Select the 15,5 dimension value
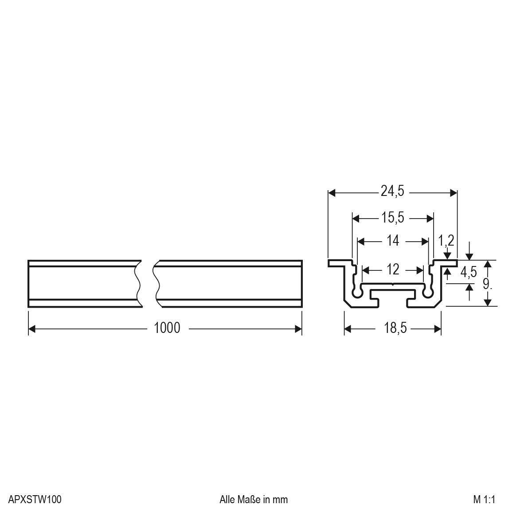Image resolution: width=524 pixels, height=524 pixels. click(x=392, y=218)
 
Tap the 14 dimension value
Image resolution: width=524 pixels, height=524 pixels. click(x=393, y=241)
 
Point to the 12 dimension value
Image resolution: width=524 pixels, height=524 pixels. click(x=393, y=269)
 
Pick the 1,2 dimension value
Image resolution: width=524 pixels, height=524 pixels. click(x=446, y=241)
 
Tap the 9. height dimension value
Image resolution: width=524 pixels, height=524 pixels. click(x=487, y=284)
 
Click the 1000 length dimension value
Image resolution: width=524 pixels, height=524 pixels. click(x=167, y=328)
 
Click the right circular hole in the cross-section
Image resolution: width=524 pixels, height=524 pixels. click(x=427, y=293)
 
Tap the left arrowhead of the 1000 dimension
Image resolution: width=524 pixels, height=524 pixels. click(x=32, y=328)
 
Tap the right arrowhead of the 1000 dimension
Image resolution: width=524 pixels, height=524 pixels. click(x=298, y=328)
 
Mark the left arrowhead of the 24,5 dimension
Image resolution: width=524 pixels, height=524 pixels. click(x=332, y=193)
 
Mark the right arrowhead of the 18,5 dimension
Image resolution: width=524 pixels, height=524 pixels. click(x=438, y=328)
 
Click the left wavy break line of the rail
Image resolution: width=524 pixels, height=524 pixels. click(x=139, y=284)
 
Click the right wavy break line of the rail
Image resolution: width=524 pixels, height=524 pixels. click(x=156, y=284)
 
